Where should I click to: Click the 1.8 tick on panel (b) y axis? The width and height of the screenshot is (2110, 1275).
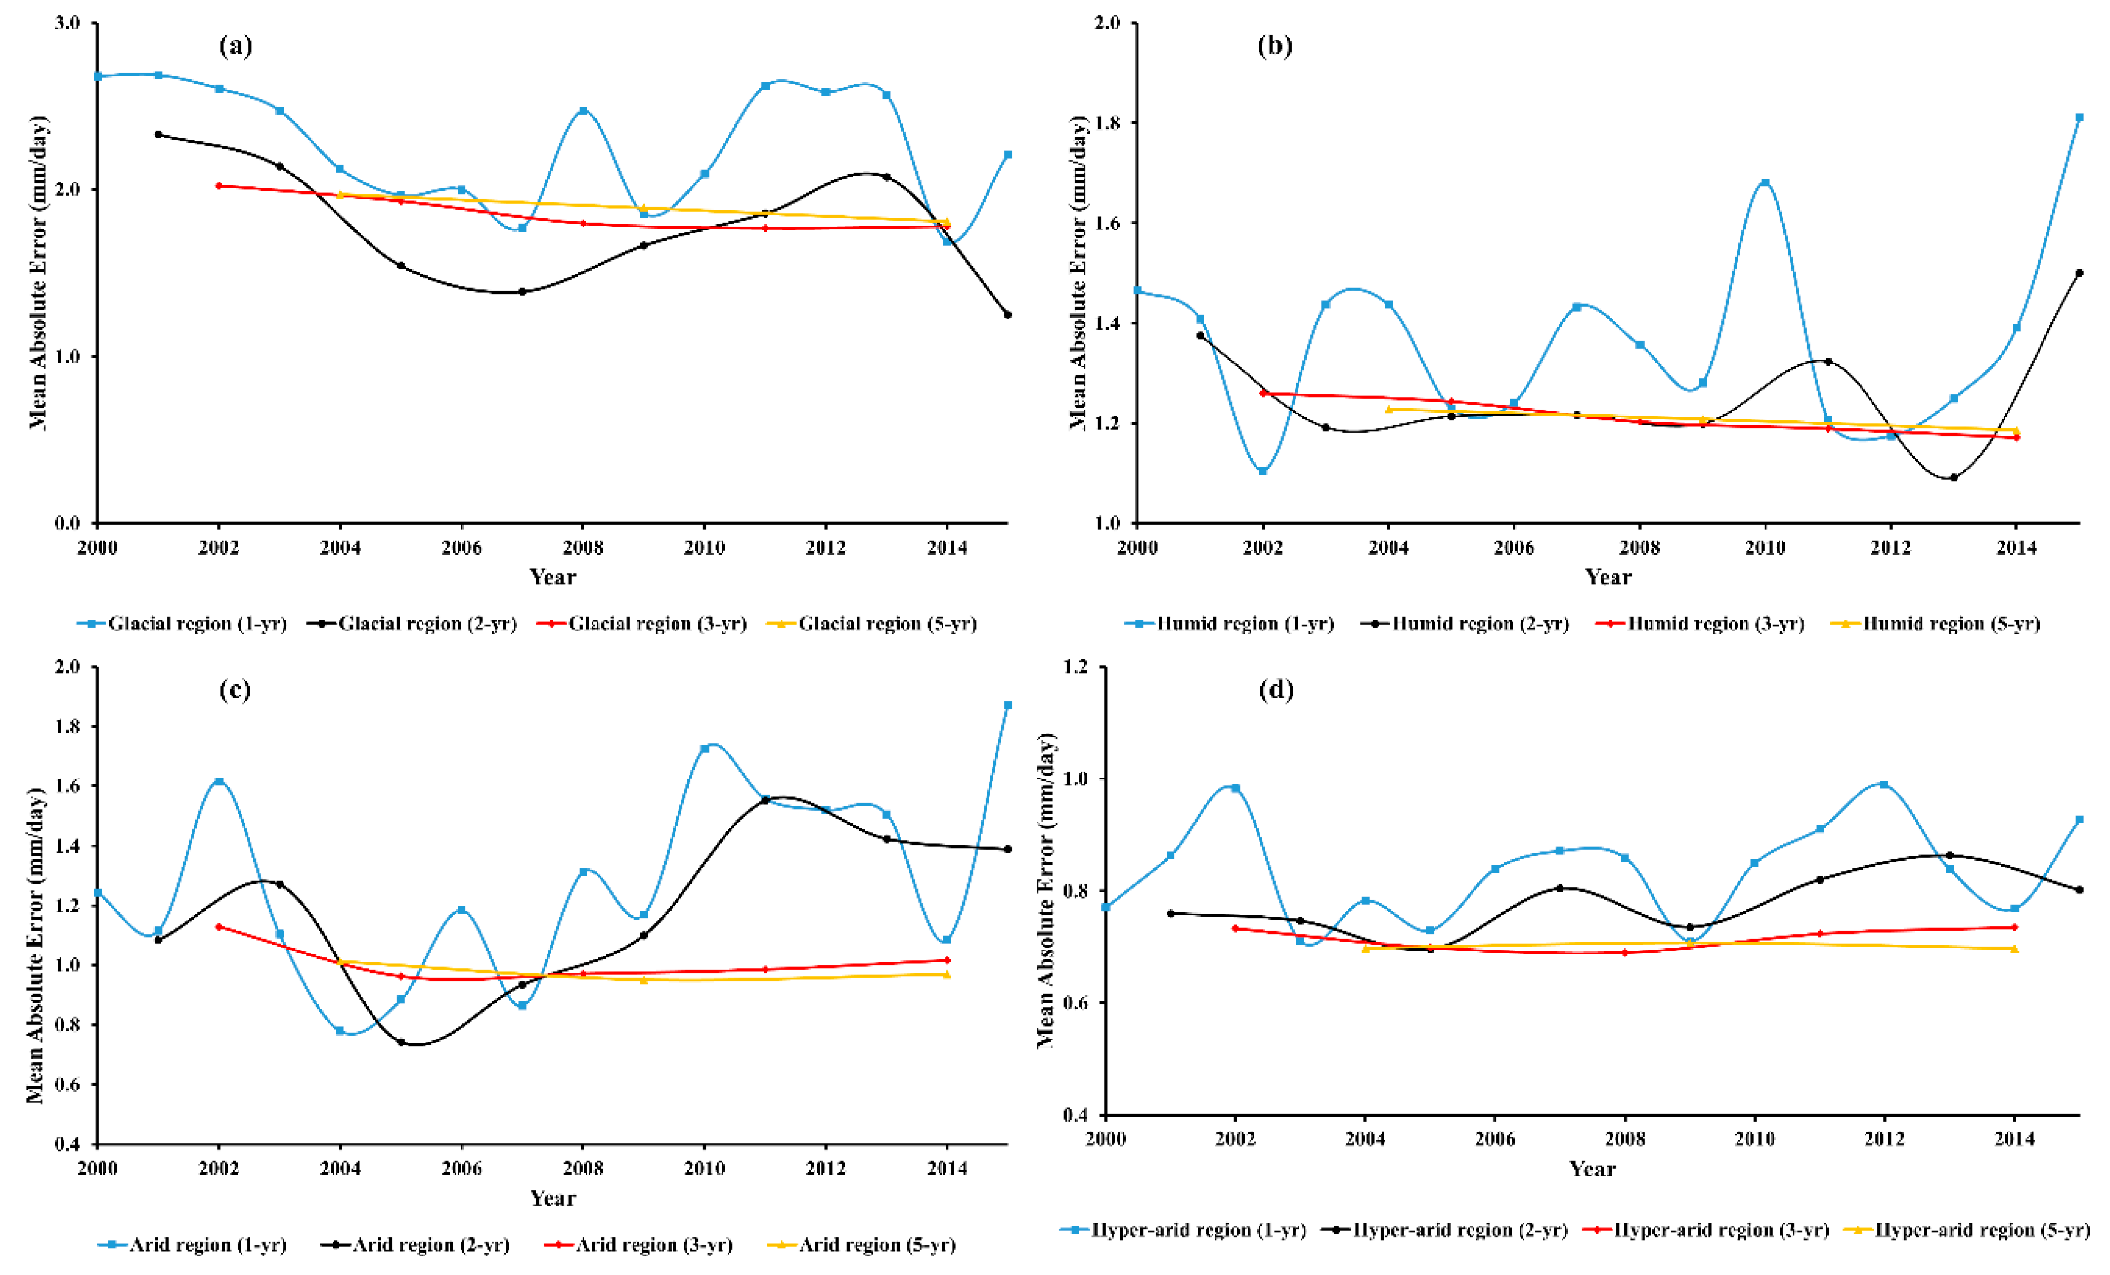click(1106, 123)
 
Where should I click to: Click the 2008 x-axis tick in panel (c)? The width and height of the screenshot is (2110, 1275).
click(583, 1168)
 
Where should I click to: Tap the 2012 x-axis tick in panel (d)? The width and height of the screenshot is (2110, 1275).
click(1884, 1139)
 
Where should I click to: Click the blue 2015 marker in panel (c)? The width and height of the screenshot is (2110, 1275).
click(1008, 705)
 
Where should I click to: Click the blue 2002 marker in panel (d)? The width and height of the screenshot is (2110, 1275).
click(1235, 788)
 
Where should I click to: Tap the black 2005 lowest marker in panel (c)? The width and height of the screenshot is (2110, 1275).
click(400, 1042)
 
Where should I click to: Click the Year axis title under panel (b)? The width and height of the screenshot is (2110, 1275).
click(1607, 576)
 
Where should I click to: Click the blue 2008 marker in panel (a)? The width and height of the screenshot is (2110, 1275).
click(583, 111)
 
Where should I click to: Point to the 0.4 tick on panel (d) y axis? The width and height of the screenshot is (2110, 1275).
click(1076, 1115)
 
